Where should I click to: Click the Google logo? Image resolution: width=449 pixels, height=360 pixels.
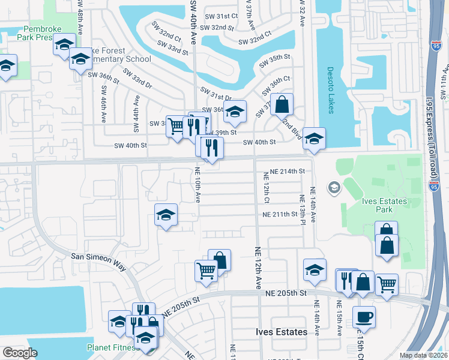(x=20, y=353)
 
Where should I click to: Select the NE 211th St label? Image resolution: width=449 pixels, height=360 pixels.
(x=279, y=214)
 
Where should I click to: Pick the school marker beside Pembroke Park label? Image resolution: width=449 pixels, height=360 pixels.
(x=64, y=44)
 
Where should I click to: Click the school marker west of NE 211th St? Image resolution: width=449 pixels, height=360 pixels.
(x=166, y=214)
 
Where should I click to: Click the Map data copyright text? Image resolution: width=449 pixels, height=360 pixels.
(x=423, y=355)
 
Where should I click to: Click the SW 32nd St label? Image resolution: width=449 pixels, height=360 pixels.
(x=216, y=28)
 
